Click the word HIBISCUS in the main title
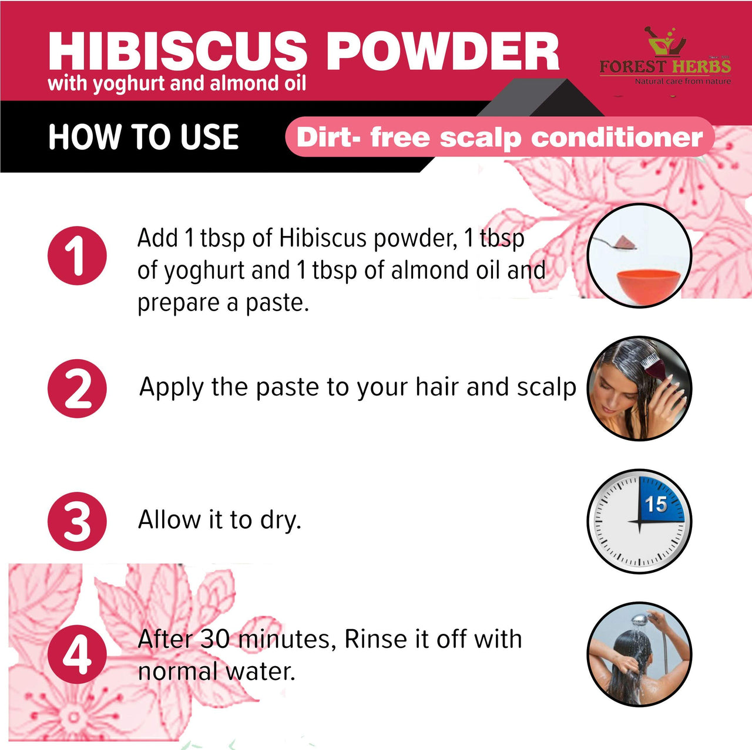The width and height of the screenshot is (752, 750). [178, 51]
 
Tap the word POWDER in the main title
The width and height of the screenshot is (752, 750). [442, 51]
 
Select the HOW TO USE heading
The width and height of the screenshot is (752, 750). [143, 137]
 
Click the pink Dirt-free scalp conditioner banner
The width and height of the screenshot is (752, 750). [500, 137]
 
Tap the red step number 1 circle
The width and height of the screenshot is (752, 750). [78, 255]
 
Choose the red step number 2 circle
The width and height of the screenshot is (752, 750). [78, 388]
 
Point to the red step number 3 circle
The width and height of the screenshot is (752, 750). [78, 521]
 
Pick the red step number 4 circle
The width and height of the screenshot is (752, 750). [78, 654]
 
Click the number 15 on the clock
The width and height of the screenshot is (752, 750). [656, 504]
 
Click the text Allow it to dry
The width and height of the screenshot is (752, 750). [220, 520]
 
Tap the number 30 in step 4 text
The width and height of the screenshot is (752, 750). [215, 639]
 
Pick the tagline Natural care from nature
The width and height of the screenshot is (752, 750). [683, 82]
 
